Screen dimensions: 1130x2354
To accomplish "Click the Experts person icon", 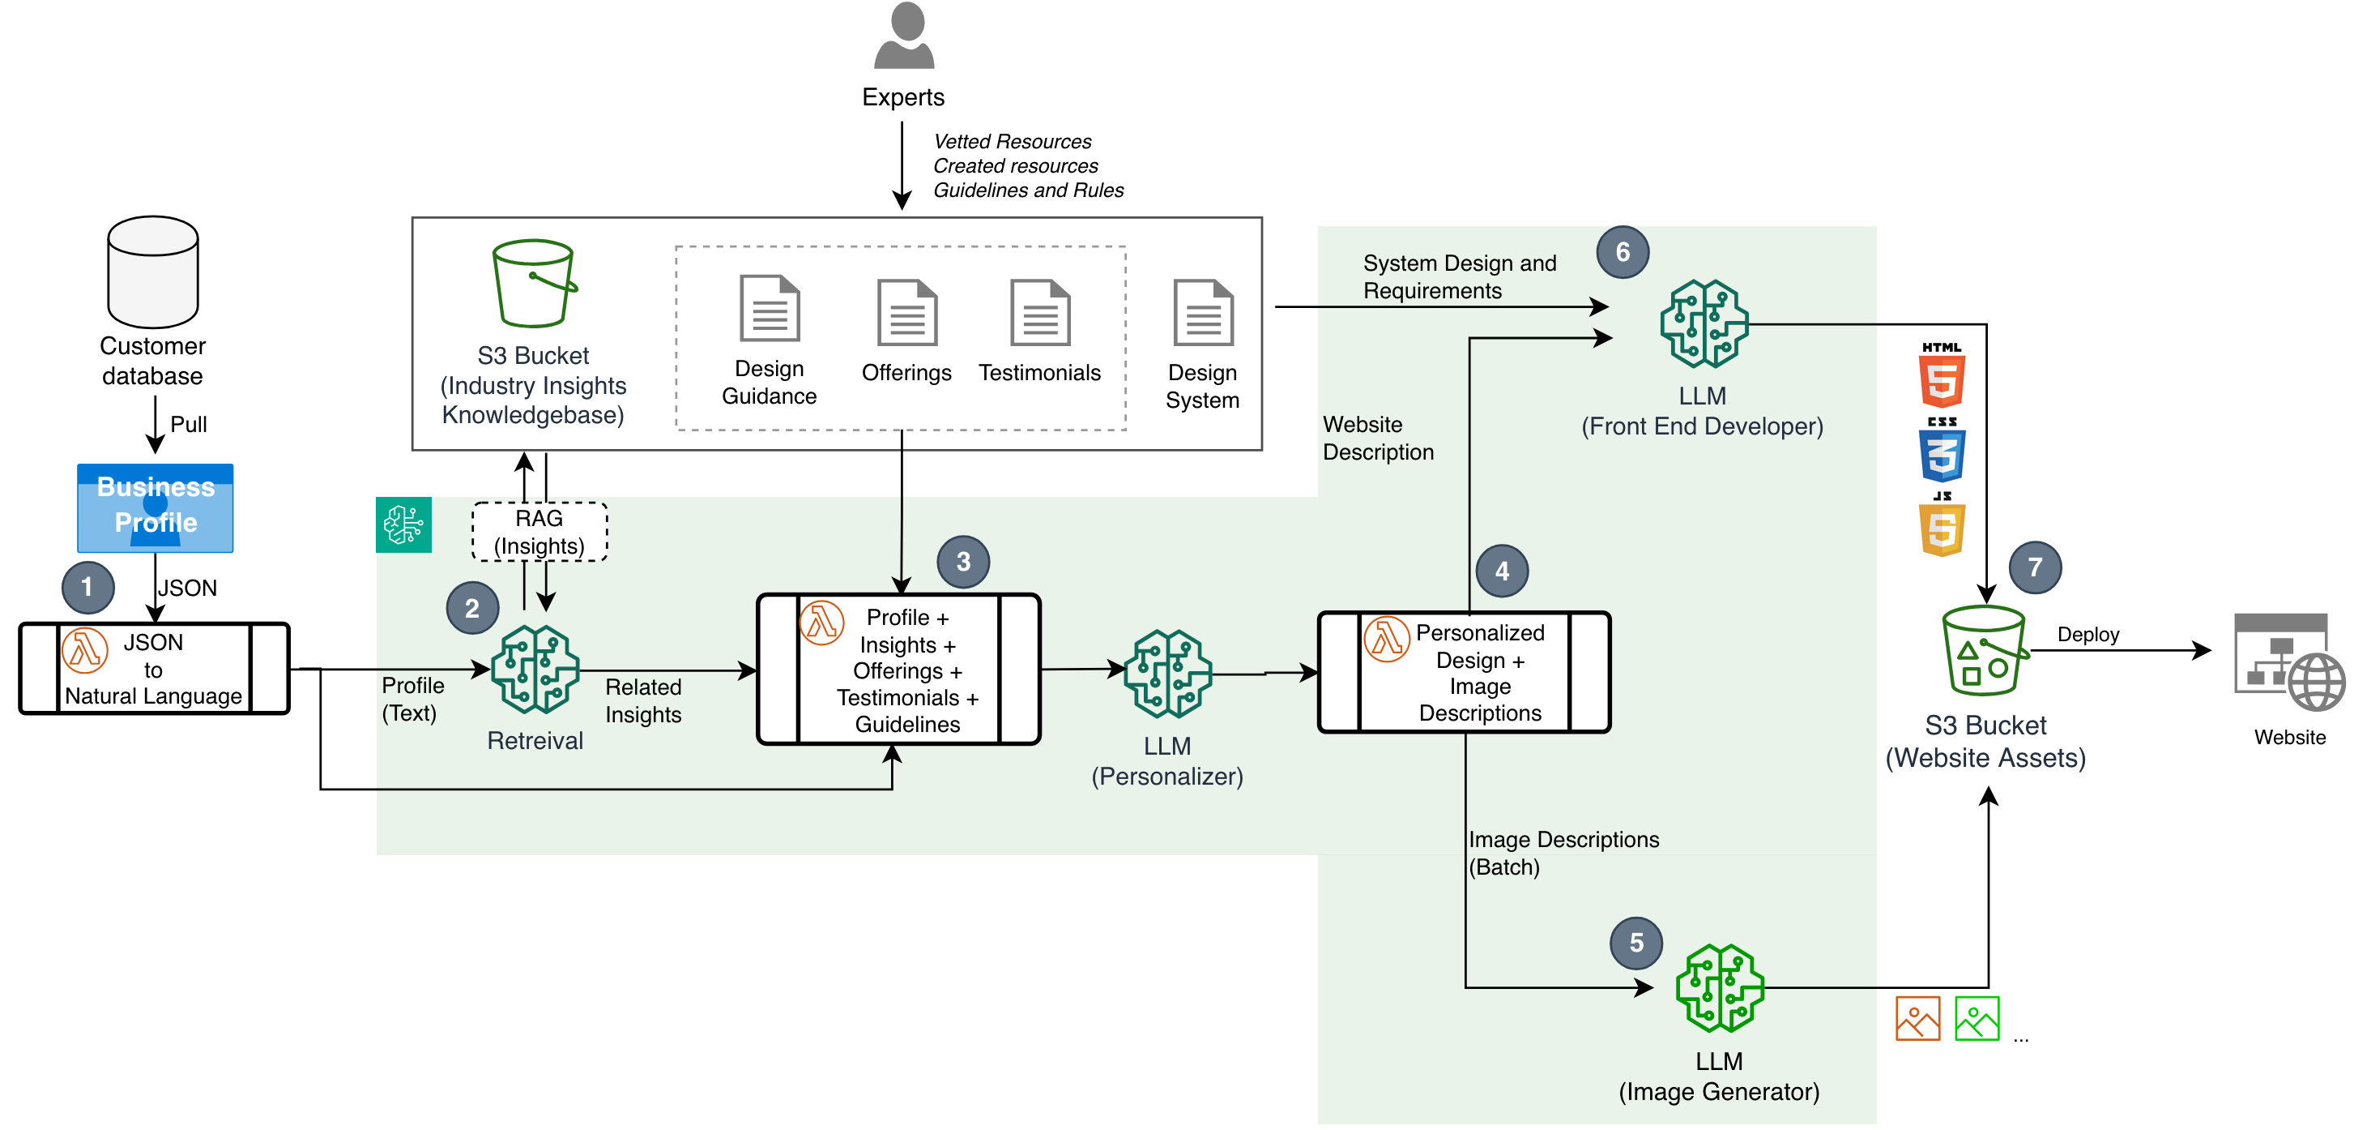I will pyautogui.click(x=903, y=36).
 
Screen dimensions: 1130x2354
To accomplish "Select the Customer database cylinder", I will pyautogui.click(x=152, y=272).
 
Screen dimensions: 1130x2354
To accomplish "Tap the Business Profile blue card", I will pyautogui.click(x=156, y=507).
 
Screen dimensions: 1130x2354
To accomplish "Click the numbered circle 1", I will pyautogui.click(x=87, y=587).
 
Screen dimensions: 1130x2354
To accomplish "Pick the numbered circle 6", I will pyautogui.click(x=1622, y=252).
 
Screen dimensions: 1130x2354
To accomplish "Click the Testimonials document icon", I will pyautogui.click(x=1039, y=312).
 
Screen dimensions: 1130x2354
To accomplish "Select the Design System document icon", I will pyautogui.click(x=1203, y=312).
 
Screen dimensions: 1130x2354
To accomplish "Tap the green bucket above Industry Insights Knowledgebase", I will pyautogui.click(x=534, y=284).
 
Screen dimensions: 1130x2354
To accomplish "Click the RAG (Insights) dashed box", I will pyautogui.click(x=539, y=532).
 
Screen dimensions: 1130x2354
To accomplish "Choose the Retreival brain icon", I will pyautogui.click(x=535, y=670).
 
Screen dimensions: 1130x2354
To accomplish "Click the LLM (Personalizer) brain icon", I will pyautogui.click(x=1167, y=673).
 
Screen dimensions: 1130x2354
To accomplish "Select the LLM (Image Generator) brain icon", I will pyautogui.click(x=1719, y=988).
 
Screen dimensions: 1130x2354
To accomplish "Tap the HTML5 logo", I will pyautogui.click(x=1941, y=377).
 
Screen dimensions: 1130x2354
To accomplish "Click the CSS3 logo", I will pyautogui.click(x=1941, y=451).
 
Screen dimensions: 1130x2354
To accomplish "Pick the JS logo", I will pyautogui.click(x=1941, y=526).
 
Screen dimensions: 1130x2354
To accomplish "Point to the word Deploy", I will pyautogui.click(x=2087, y=635).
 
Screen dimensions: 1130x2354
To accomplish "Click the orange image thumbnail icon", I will pyautogui.click(x=1917, y=1018).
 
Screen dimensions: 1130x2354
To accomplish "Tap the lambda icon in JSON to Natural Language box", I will pyautogui.click(x=85, y=651).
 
